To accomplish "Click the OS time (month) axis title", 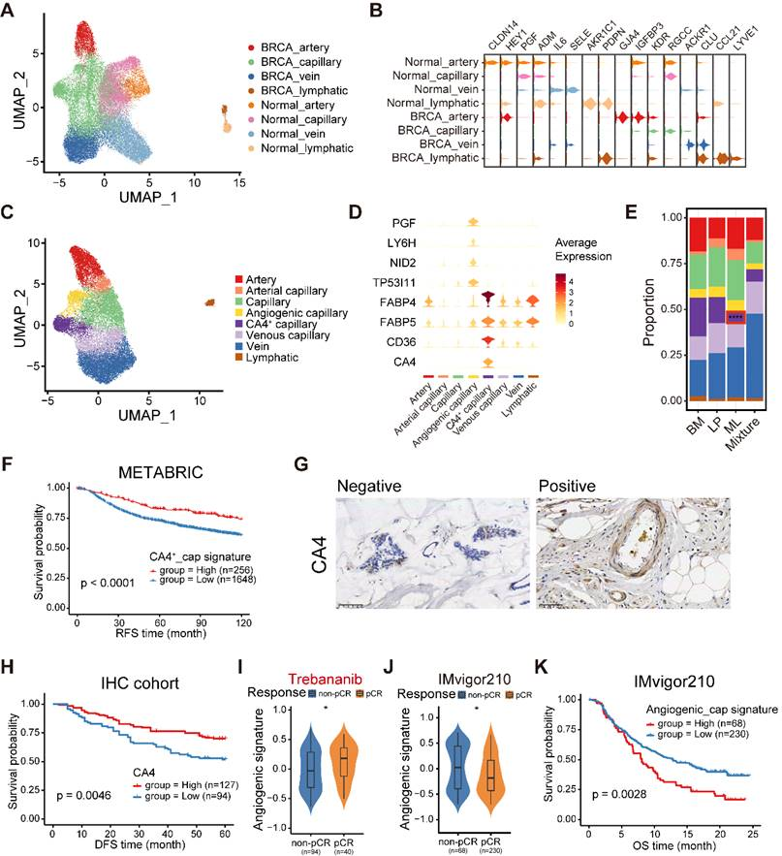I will coord(673,846).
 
